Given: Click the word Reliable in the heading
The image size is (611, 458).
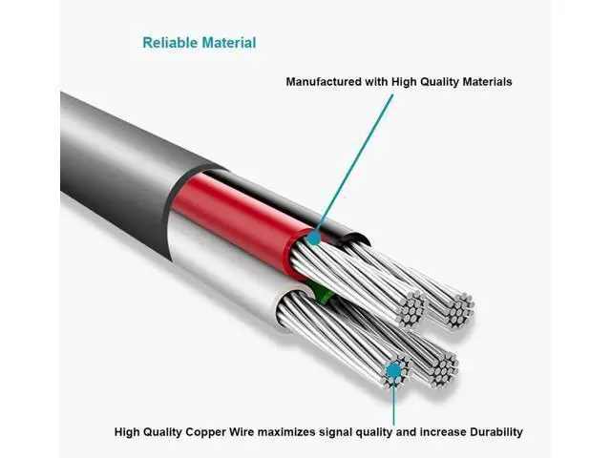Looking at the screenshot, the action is [170, 43].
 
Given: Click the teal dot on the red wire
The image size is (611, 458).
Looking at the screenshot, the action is [314, 238].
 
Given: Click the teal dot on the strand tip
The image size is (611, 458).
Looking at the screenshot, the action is [394, 370].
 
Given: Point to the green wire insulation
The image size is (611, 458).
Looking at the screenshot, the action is [324, 293].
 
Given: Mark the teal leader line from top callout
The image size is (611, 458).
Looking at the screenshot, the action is [353, 165].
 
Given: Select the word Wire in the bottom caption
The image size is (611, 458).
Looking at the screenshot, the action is [241, 432].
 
